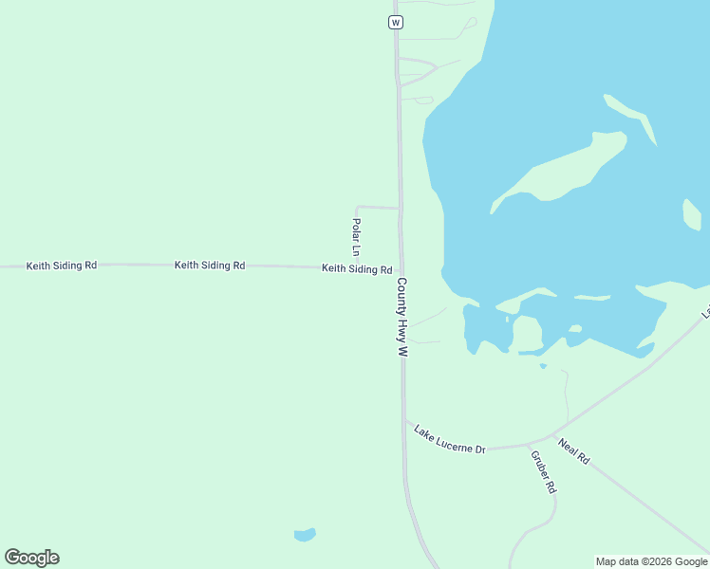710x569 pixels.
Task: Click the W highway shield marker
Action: point(396,21)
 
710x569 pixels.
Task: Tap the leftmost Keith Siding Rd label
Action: point(62,266)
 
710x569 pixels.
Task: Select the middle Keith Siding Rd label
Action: point(210,266)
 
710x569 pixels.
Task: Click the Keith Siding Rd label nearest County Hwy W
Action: point(357,269)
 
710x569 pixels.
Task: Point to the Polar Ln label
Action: point(356,237)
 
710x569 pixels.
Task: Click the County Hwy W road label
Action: point(402,317)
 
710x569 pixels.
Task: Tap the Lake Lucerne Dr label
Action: point(450,438)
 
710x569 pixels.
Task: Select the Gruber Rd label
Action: point(542,471)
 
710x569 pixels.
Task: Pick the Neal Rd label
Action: point(574,450)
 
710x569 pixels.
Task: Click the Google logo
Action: point(32,558)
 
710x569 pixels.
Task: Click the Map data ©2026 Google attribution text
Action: point(651,561)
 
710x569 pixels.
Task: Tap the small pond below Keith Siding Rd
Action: point(305,535)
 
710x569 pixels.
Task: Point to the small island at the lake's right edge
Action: point(691,215)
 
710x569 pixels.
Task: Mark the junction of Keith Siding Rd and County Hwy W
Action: point(401,268)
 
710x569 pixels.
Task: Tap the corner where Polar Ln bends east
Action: point(356,207)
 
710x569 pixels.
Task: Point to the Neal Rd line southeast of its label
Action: point(655,512)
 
